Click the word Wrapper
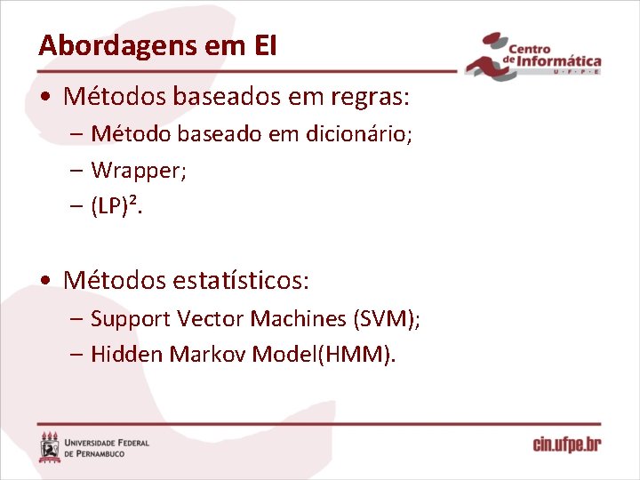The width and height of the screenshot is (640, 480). tap(139, 171)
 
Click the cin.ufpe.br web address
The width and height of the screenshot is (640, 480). tap(566, 444)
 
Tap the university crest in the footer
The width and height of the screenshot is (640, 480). tap(50, 447)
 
